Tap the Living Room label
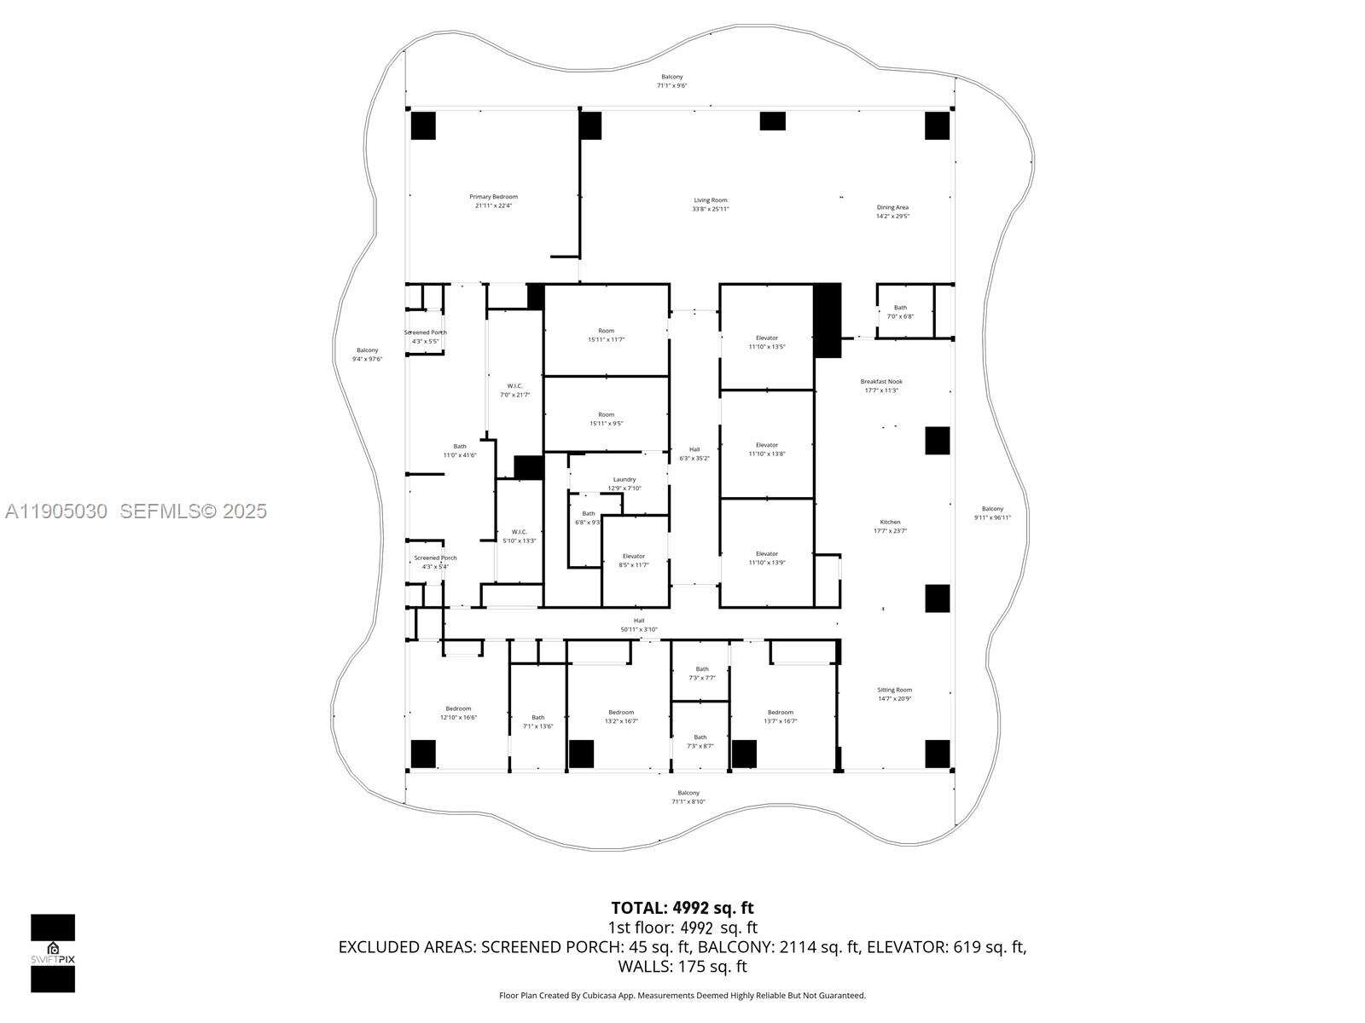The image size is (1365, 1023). coord(710,205)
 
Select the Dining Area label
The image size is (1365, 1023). coord(892,211)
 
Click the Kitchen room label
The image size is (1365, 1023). coord(890,526)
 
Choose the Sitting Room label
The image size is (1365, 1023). coord(894,694)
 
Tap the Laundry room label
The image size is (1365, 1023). coord(624,483)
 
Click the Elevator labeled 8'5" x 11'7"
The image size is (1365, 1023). coord(633,560)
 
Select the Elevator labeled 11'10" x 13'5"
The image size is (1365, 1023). coord(766,342)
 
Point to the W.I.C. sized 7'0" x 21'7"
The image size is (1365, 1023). coord(514,390)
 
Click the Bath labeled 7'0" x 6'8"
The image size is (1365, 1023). coord(900,312)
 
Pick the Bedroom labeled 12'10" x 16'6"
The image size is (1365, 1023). coord(458,713)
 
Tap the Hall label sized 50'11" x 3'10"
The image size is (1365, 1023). coord(639,625)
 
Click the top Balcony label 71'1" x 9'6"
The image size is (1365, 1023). coord(671,81)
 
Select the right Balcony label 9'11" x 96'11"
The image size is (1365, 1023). coord(992,513)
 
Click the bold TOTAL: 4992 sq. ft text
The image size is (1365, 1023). coord(682,908)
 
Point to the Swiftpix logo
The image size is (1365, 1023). coord(53,953)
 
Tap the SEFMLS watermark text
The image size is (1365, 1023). coord(193,511)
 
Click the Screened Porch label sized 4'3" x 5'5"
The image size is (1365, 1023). coord(425,337)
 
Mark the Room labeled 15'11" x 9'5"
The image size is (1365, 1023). coord(606,419)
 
